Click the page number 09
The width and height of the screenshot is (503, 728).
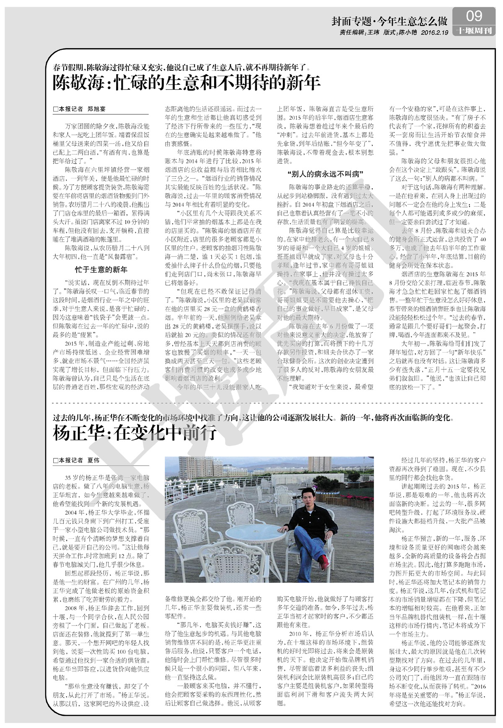pyautogui.click(x=474, y=15)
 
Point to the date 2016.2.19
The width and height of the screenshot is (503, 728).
pyautogui.click(x=435, y=32)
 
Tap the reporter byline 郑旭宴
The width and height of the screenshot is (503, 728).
pyautogui.click(x=96, y=109)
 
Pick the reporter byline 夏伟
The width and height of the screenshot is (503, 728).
pyautogui.click(x=93, y=460)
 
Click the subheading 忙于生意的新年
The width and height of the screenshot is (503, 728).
pyautogui.click(x=101, y=269)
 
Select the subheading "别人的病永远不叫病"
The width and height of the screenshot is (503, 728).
pyautogui.click(x=325, y=173)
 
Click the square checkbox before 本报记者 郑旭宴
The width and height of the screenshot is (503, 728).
pyautogui.click(x=55, y=109)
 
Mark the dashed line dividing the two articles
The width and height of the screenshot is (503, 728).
pyautogui.click(x=268, y=403)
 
